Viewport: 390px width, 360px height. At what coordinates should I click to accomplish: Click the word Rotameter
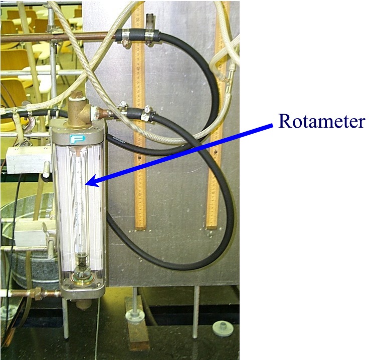[321, 121]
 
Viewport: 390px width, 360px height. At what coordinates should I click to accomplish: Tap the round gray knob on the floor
[223, 328]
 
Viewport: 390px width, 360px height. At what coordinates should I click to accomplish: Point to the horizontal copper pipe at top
[55, 37]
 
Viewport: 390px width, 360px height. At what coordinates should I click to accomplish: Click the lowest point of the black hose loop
[190, 269]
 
